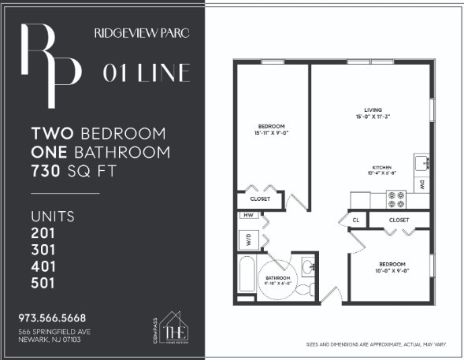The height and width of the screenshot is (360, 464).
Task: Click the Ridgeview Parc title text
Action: pos(141,34)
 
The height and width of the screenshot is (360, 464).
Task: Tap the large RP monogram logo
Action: pos(51,65)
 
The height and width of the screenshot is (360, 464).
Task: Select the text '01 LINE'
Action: pos(147,73)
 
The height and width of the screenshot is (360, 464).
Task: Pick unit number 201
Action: pos(43,232)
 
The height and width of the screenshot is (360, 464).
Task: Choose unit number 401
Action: pos(43,266)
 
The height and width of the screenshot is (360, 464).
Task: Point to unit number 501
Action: pos(43,283)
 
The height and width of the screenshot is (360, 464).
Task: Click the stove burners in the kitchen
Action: pos(395,199)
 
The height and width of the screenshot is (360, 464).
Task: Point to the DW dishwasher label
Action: pos(422,185)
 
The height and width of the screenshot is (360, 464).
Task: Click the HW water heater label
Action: pos(247,215)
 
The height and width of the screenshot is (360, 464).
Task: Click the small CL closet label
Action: pos(357,220)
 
